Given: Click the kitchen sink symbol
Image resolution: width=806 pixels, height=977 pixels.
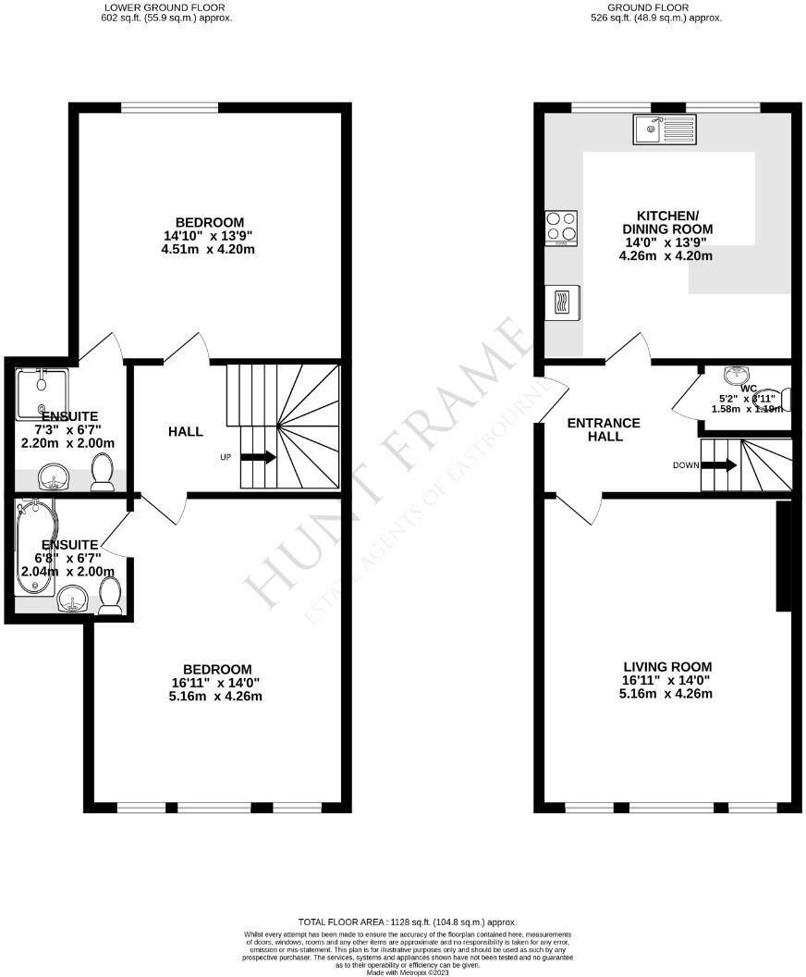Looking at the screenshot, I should [665, 130].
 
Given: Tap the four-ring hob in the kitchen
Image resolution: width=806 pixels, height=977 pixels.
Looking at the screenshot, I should [561, 228].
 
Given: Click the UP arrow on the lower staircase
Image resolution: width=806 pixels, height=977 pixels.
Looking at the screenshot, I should [258, 456].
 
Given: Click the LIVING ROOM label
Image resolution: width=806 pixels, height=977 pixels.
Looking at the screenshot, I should [667, 666].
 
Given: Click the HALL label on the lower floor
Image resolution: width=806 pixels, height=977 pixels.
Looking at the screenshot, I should [186, 431].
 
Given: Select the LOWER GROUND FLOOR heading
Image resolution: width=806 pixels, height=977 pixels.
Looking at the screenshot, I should [165, 6].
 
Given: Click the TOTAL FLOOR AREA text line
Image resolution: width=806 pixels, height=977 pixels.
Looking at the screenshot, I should [407, 922].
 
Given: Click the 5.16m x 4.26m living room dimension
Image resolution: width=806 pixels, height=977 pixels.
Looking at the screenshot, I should [667, 694].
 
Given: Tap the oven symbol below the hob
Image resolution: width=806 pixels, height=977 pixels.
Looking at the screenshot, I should [561, 302].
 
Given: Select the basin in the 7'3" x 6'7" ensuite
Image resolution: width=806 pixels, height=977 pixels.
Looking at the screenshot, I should [55, 478].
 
